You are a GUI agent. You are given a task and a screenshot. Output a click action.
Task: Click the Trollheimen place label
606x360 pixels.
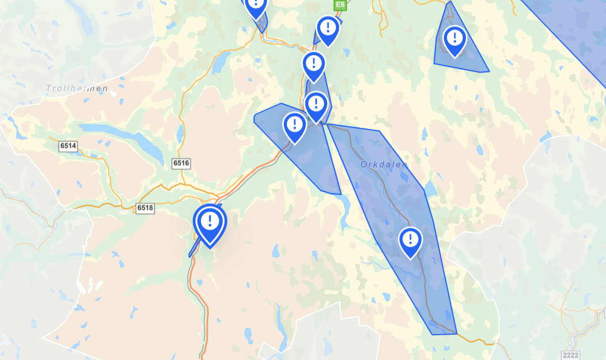pos(77,88)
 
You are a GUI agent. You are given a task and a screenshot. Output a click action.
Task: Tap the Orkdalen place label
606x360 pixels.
pos(384,165)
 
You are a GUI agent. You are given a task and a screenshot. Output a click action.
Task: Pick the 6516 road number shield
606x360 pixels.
pos(181,163)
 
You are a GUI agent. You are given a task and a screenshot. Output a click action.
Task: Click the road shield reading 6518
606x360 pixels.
pos(145,208)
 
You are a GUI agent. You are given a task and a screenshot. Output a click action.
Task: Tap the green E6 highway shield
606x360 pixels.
pos(340,5)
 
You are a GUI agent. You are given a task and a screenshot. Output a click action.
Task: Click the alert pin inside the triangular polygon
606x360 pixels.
pos(454,40)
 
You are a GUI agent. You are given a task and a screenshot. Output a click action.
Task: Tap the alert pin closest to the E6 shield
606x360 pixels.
pos(328,30)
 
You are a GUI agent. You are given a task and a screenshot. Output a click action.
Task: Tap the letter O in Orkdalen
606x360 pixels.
pos(364,165)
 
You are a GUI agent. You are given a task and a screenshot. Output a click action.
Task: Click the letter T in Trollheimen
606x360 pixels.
pos(49,88)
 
